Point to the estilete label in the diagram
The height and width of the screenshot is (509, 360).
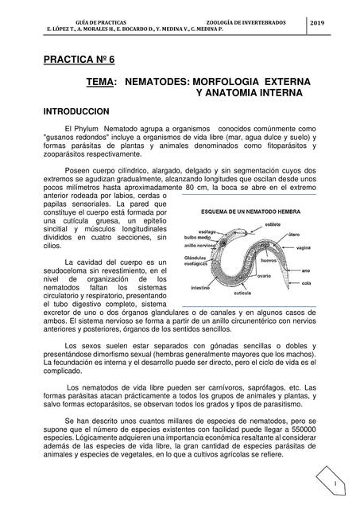click(273, 225)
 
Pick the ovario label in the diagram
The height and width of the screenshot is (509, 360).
click(265, 275)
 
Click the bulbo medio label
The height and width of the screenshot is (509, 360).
click(198, 238)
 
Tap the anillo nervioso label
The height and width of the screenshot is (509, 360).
click(200, 246)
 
